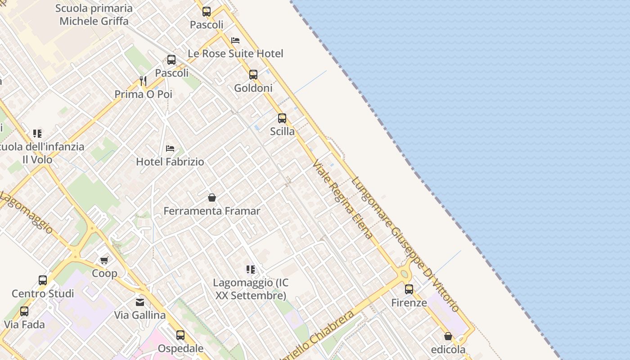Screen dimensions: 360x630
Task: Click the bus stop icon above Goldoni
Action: pyautogui.click(x=253, y=75)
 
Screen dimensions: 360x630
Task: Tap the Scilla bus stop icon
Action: pyautogui.click(x=282, y=118)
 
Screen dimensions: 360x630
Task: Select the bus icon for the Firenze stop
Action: pyautogui.click(x=409, y=289)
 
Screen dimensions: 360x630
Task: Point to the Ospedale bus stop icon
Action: pyautogui.click(x=180, y=335)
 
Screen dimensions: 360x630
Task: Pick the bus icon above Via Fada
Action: pyautogui.click(x=24, y=311)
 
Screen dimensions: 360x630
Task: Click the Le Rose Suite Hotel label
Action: pyautogui.click(x=235, y=54)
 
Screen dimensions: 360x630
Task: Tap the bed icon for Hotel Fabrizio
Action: pyautogui.click(x=170, y=148)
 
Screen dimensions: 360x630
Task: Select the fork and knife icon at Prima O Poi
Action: pyautogui.click(x=143, y=81)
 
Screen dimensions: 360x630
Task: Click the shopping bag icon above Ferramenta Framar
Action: pyautogui.click(x=212, y=198)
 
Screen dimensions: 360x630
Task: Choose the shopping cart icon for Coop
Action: pyautogui.click(x=104, y=260)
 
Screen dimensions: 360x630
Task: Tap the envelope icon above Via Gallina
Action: pyautogui.click(x=140, y=302)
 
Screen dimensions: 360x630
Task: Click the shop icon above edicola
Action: pyautogui.click(x=448, y=336)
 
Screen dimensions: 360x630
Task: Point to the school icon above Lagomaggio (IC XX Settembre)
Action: pyautogui.click(x=251, y=270)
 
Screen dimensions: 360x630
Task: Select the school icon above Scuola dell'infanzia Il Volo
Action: pyautogui.click(x=37, y=133)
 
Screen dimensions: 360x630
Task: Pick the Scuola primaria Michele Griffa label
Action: pyautogui.click(x=94, y=15)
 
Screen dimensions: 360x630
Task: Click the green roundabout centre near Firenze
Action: pyautogui.click(x=404, y=274)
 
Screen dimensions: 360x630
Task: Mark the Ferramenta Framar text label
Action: pyautogui.click(x=212, y=211)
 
